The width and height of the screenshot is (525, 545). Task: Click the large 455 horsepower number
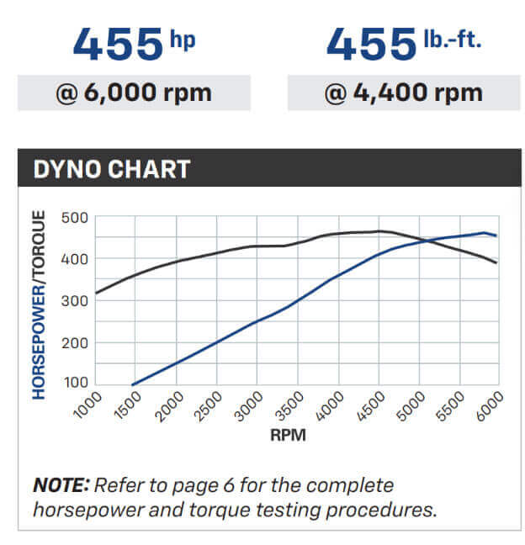click(x=117, y=45)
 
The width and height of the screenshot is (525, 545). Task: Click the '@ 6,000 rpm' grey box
click(x=135, y=93)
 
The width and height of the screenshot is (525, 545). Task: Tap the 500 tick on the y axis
click(x=75, y=218)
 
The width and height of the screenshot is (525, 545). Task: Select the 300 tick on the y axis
click(x=75, y=301)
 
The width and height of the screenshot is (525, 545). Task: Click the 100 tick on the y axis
click(x=75, y=384)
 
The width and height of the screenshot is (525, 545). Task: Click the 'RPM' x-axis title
click(x=288, y=437)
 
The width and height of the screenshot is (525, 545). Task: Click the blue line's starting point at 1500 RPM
click(x=133, y=384)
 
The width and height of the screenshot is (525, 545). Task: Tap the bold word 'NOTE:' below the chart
click(x=61, y=486)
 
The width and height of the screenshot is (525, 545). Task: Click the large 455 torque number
click(x=371, y=45)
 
